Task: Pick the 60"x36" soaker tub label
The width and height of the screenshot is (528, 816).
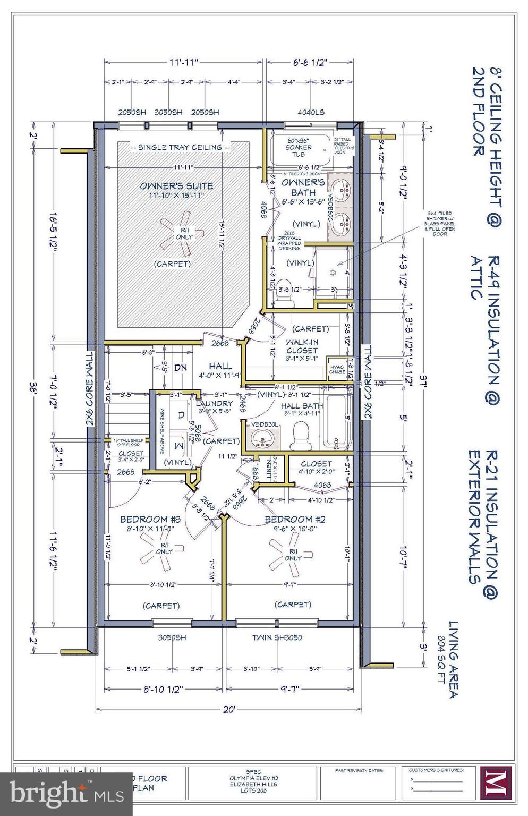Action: tap(299, 147)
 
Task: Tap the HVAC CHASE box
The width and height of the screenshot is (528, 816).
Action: tap(337, 369)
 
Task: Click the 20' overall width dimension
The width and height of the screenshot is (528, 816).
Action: tap(229, 709)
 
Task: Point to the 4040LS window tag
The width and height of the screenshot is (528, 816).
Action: tap(311, 112)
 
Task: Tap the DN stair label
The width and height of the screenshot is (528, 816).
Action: tap(181, 368)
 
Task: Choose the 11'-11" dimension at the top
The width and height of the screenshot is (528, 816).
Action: tap(184, 63)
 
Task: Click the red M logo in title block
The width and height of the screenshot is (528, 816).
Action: tap(495, 782)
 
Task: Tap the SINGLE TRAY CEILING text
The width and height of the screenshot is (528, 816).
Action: tap(181, 147)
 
